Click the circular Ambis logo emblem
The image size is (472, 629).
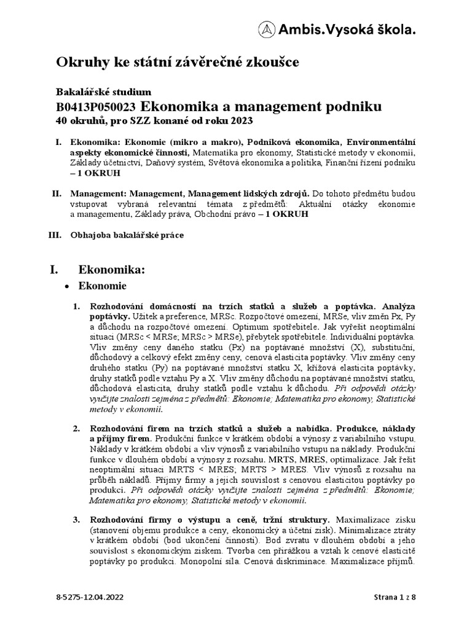coord(265,29)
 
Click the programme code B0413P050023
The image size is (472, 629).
coord(96,106)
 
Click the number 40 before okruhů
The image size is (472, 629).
coord(61,121)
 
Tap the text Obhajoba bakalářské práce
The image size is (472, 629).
coord(127,235)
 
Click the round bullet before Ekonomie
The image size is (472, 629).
coord(68,286)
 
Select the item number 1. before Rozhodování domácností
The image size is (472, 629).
coord(77,305)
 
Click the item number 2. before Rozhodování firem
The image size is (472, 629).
coord(77,428)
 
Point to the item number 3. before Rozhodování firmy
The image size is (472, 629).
coord(77,519)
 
